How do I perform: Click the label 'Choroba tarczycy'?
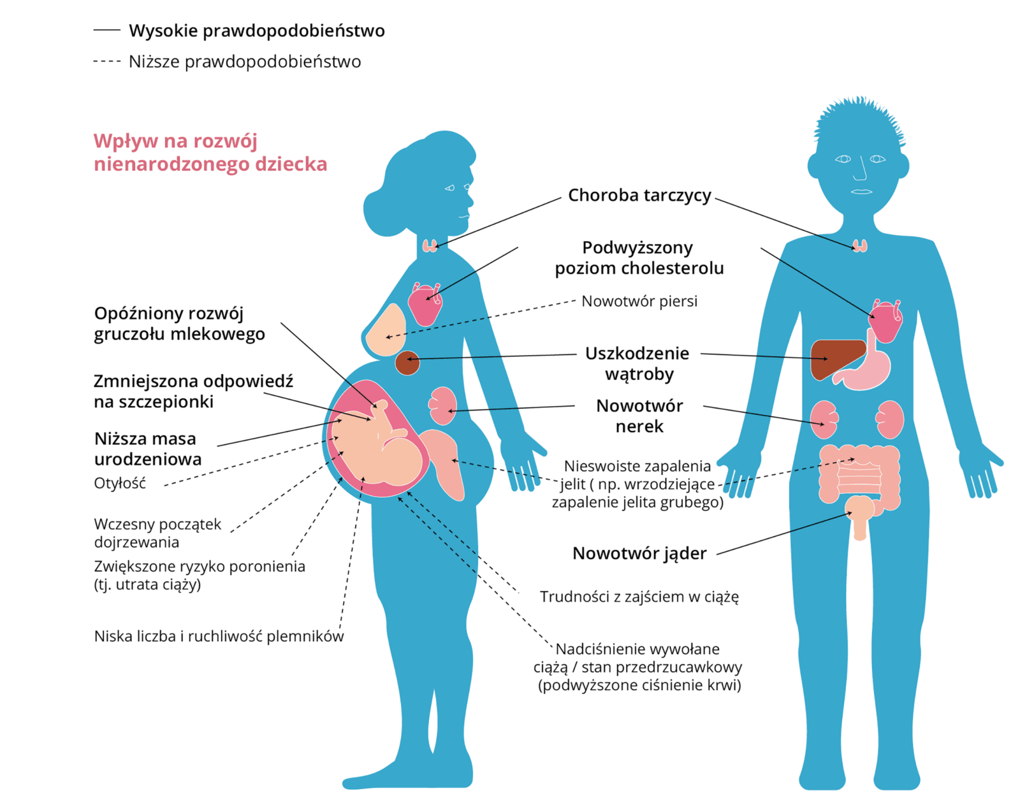coord(639,195)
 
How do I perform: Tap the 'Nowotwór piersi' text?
coord(639,301)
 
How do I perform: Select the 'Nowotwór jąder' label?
coord(639,553)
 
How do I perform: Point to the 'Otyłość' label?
coord(120,483)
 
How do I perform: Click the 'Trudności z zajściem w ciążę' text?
coord(639,597)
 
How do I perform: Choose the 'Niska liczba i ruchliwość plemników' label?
coord(219,636)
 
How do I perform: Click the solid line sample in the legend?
coord(106,30)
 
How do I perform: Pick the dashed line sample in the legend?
coord(106,61)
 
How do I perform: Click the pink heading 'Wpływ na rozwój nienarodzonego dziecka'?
coord(210,152)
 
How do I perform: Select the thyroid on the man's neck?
coord(860,245)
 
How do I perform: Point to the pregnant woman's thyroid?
coord(430,245)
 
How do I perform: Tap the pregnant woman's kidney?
coord(442,405)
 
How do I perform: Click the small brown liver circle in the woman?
coord(407,363)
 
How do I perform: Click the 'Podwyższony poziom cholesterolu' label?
coord(639,257)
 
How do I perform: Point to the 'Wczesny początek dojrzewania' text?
coord(157,533)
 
